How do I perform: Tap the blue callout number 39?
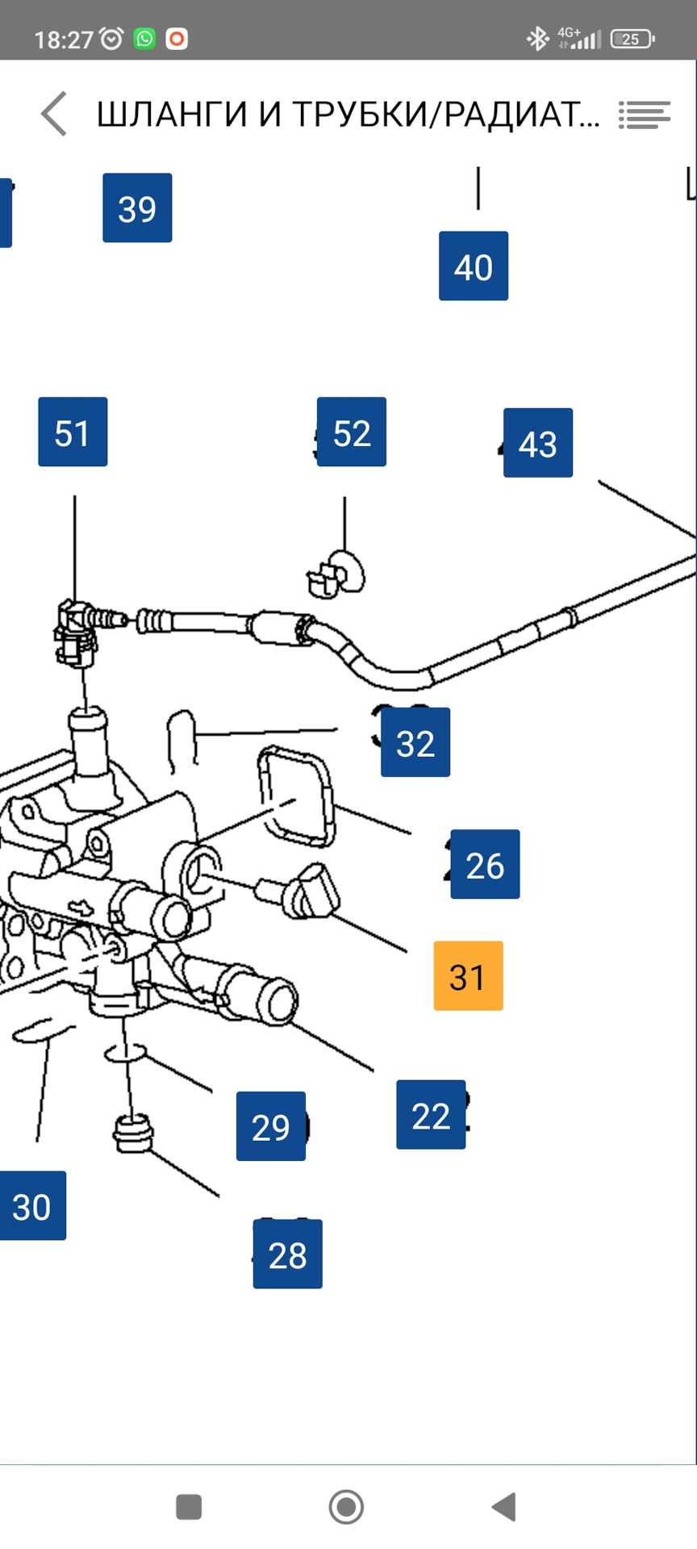(137, 208)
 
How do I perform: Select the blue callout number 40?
(474, 266)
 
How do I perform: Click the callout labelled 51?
(73, 432)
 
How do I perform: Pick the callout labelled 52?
(352, 432)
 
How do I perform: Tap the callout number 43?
(538, 443)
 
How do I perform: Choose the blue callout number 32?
(415, 742)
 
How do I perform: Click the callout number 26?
(485, 864)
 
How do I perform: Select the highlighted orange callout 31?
(468, 976)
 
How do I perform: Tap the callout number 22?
(431, 1115)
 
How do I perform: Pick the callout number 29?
(271, 1126)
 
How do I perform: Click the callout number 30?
(32, 1206)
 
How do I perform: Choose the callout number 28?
(288, 1255)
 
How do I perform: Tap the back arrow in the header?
(54, 114)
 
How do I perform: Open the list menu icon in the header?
(645, 115)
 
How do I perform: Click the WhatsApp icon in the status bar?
(144, 39)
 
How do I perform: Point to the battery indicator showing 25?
(632, 39)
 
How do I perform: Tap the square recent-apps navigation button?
(189, 1506)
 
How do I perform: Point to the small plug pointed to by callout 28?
(132, 1134)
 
